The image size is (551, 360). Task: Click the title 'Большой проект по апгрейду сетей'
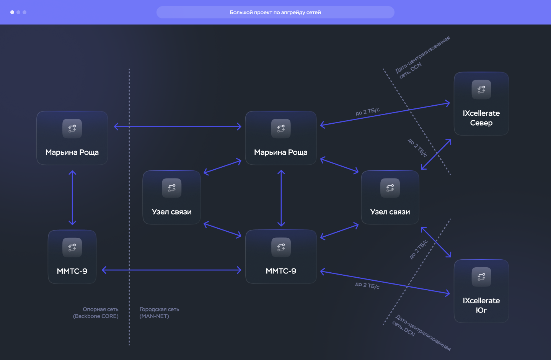tap(275, 12)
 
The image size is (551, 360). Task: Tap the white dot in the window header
tap(12, 12)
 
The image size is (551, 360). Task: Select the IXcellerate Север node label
tap(481, 118)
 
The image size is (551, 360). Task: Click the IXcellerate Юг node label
tap(481, 305)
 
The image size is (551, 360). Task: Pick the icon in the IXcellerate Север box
tap(481, 89)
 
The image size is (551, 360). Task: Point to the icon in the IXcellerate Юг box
tap(481, 277)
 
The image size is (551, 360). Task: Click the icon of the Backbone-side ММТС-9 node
tap(72, 247)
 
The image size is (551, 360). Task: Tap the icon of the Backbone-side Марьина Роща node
tap(72, 129)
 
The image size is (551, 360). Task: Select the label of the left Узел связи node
tap(171, 212)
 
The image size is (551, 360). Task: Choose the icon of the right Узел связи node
tap(390, 188)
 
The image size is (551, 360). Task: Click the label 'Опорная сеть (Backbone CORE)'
tap(96, 313)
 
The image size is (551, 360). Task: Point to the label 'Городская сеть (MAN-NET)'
tap(159, 313)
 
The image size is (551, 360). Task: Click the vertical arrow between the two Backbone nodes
tap(72, 198)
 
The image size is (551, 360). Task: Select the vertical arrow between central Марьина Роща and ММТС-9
tap(281, 198)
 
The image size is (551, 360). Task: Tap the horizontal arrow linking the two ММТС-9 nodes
tap(171, 270)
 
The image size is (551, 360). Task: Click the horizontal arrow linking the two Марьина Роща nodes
tap(178, 126)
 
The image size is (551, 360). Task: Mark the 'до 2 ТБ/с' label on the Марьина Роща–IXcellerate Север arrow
tap(367, 111)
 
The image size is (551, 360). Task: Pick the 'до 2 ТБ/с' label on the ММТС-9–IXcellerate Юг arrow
tap(367, 285)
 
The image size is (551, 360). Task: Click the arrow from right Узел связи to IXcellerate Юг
tap(436, 242)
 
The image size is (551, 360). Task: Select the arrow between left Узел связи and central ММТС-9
tap(222, 229)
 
